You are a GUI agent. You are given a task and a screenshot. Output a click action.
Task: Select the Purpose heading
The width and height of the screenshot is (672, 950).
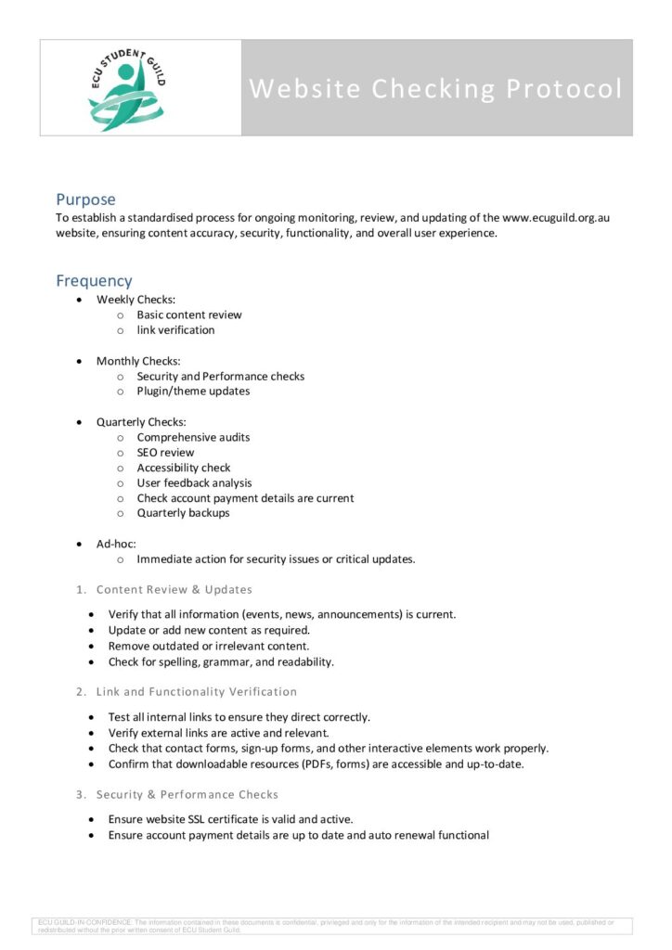85,199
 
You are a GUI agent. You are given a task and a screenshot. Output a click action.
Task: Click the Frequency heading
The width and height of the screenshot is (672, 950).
94,280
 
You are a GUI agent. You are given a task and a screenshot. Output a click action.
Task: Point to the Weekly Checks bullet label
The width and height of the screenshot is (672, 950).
136,300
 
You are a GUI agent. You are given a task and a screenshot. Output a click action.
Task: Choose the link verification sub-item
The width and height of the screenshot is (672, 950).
175,330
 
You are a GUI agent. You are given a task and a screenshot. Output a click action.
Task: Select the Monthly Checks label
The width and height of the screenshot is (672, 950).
138,361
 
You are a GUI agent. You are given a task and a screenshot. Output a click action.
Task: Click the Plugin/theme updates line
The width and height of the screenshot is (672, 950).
193,392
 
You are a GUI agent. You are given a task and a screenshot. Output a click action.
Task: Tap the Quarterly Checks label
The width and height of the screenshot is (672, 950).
141,422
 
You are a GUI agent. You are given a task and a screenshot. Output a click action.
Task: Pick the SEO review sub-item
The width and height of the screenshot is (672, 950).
165,453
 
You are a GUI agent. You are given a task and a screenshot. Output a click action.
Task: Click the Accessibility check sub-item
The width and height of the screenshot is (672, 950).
184,468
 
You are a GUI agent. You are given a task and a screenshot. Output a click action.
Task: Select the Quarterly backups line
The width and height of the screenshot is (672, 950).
183,513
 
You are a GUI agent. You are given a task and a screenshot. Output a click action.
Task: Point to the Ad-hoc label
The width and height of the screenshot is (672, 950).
116,544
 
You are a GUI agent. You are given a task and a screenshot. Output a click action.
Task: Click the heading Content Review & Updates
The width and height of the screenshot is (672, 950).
174,590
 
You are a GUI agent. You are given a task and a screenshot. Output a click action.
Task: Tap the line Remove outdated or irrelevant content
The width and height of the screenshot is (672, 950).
209,647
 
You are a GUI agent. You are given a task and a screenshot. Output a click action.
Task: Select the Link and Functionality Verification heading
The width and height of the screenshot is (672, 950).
197,692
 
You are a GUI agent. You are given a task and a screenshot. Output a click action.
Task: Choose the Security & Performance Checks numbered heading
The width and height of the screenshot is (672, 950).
187,795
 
